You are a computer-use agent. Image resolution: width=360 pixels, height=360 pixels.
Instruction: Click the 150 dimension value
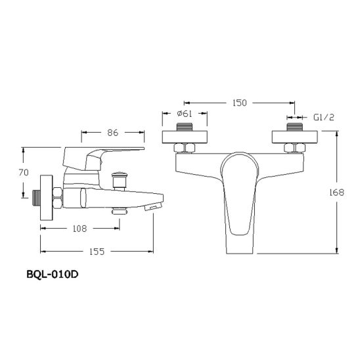click(x=240, y=103)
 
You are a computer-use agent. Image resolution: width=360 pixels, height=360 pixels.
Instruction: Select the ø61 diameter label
click(x=185, y=114)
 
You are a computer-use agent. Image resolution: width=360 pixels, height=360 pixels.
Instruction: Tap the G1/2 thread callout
click(x=324, y=118)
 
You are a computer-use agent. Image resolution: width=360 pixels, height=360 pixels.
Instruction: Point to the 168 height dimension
click(x=337, y=192)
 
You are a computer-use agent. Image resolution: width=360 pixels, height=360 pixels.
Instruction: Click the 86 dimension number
click(x=113, y=133)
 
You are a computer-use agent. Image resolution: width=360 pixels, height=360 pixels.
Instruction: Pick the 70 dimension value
click(x=24, y=172)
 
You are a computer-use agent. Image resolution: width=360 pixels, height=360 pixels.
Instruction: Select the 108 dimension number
click(x=79, y=229)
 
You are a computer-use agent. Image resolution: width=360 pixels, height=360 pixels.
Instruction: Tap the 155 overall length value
click(x=97, y=252)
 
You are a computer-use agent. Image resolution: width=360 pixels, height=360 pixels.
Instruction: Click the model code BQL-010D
click(x=53, y=275)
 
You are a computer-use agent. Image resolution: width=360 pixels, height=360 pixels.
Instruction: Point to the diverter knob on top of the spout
click(x=118, y=181)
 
